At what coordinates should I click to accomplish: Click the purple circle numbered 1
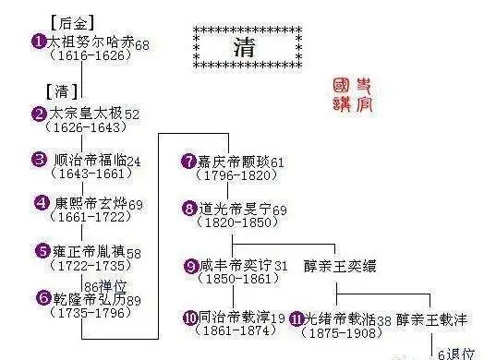pyautogui.click(x=39, y=42)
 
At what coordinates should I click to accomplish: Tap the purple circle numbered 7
pyautogui.click(x=189, y=161)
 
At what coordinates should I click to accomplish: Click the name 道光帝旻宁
pyautogui.click(x=234, y=209)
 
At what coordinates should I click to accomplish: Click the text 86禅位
pyautogui.click(x=103, y=284)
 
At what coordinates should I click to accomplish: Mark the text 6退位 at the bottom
pyautogui.click(x=457, y=354)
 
